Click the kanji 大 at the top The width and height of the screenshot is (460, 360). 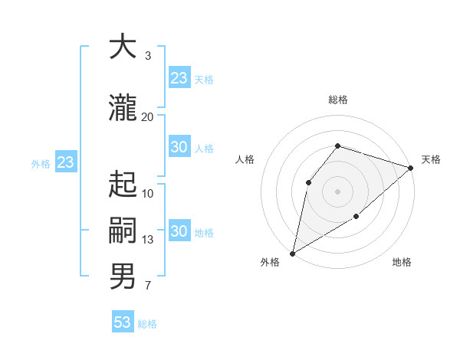tap(123, 47)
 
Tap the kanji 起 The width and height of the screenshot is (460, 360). tap(123, 185)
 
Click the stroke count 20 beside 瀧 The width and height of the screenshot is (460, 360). tap(147, 117)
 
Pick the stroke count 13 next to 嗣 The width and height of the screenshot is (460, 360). tap(147, 240)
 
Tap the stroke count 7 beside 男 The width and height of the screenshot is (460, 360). tap(147, 286)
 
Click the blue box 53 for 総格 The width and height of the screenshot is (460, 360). tap(123, 322)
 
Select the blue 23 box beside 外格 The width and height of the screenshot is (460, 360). tap(65, 162)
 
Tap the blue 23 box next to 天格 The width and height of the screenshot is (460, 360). tap(179, 78)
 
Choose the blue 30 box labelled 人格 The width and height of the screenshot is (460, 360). tap(179, 147)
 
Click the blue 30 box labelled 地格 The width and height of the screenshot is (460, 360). tap(179, 231)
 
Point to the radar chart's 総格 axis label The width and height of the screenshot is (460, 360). tap(338, 100)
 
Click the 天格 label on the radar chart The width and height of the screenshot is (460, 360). tap(431, 159)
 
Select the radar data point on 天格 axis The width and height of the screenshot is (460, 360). tap(411, 167)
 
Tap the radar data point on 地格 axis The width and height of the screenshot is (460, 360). tap(356, 218)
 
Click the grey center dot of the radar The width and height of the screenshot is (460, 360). tap(338, 191)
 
